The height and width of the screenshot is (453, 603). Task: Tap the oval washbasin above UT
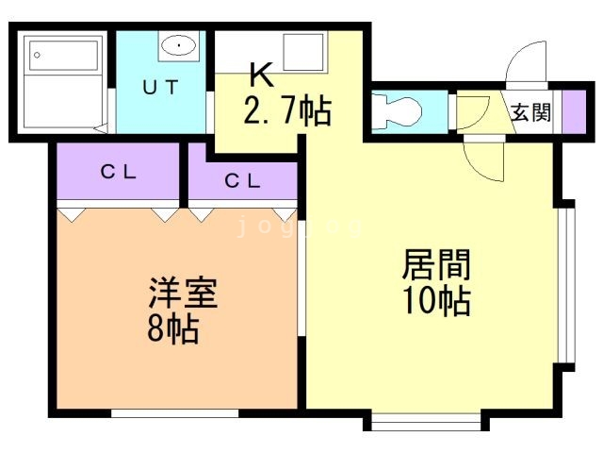[176, 44]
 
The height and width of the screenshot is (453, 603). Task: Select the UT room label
[159, 88]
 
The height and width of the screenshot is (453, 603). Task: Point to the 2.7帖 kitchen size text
[287, 111]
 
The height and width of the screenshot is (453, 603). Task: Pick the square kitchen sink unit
[302, 52]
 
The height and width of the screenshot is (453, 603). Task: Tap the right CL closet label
[242, 181]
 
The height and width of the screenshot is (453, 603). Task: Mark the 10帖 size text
[436, 302]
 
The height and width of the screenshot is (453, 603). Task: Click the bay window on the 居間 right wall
[564, 283]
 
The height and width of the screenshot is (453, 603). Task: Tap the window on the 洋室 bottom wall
[174, 412]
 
